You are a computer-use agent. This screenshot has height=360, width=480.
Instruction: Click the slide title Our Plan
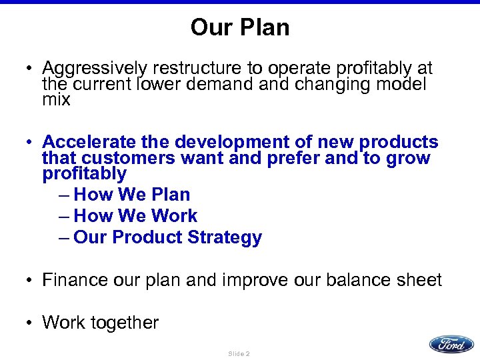(x=239, y=27)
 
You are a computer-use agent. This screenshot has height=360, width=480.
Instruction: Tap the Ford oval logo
(x=451, y=344)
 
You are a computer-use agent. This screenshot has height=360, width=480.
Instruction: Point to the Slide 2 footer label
(x=239, y=353)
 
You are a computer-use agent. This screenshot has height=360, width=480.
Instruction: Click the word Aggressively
(x=94, y=69)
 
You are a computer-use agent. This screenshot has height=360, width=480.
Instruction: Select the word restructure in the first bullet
(x=189, y=69)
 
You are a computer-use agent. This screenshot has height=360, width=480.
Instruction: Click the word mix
(x=56, y=101)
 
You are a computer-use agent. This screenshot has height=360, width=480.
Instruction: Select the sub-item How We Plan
(x=132, y=195)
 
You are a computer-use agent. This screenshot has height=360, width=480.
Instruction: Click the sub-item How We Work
(x=135, y=216)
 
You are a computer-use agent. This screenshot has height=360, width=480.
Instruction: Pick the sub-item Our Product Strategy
(x=167, y=237)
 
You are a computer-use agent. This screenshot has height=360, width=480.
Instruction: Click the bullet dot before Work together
(x=29, y=323)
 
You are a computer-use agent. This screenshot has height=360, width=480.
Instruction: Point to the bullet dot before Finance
(x=29, y=281)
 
